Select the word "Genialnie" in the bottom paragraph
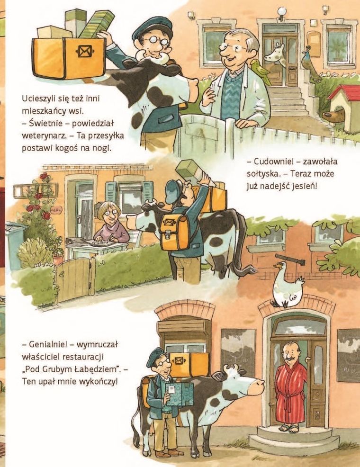(x=51, y=345)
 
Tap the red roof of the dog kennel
(x=343, y=93)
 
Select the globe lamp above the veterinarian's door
(x=282, y=11)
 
